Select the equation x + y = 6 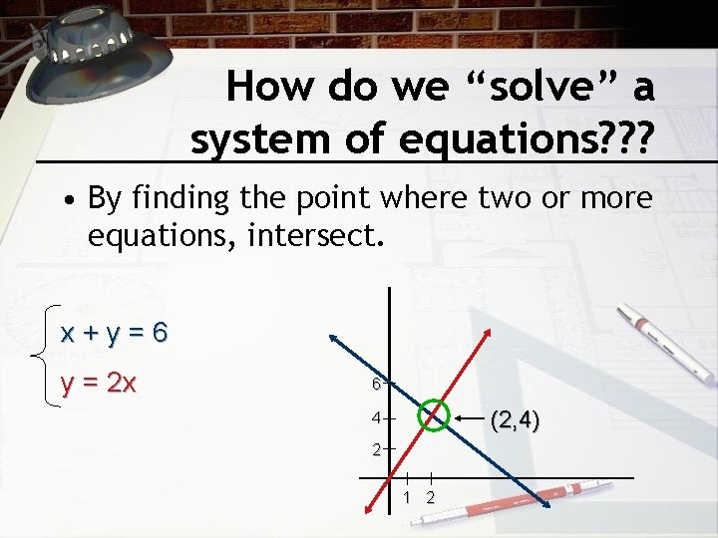(114, 333)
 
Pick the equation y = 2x (99, 383)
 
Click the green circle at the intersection (433, 413)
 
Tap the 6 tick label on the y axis (376, 384)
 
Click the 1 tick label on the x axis (408, 497)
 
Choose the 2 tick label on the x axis (430, 497)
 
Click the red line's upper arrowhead (488, 334)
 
